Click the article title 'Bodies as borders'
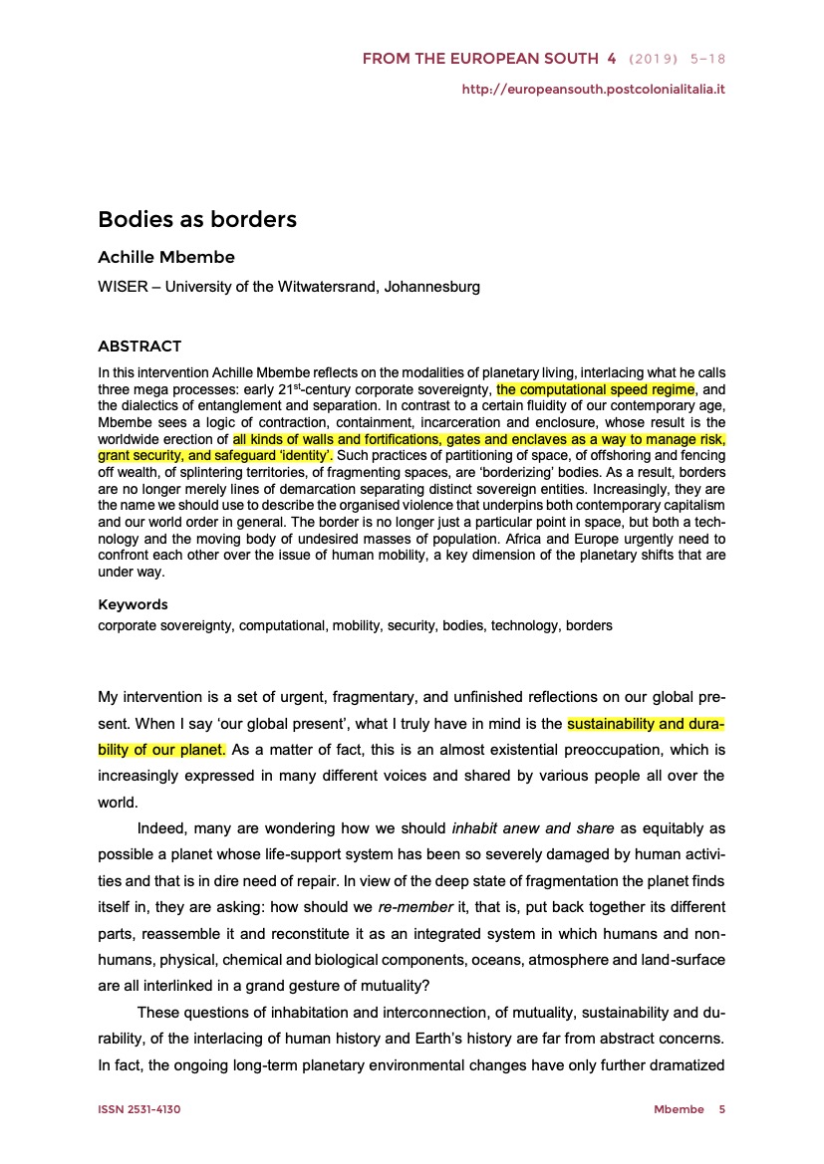[197, 218]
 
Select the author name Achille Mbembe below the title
[166, 258]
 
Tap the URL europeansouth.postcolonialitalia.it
[593, 90]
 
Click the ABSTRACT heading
[139, 347]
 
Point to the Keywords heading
[133, 604]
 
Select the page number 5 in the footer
[722, 1109]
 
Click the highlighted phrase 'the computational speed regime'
[595, 389]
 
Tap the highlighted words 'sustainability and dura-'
[646, 722]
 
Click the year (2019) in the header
[657, 61]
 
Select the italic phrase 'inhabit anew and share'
[533, 827]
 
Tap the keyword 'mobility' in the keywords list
[358, 626]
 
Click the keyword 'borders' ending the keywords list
[589, 626]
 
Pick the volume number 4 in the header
[611, 61]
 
